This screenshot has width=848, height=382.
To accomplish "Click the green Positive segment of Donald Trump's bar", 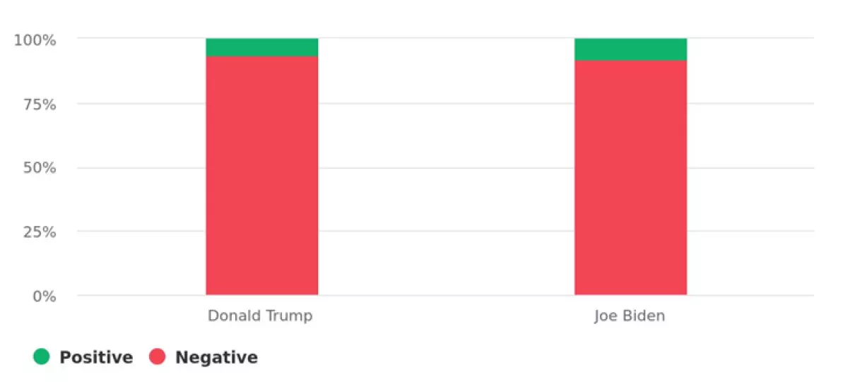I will pos(262,47).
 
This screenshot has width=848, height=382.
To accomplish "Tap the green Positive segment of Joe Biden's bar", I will pos(630,49).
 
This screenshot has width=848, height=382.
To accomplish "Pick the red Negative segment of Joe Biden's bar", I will pos(630,177).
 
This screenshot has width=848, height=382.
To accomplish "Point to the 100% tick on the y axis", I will pos(35,40).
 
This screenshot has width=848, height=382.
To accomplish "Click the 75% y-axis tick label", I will pos(39,104).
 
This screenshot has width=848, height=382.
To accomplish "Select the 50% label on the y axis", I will pos(39,168).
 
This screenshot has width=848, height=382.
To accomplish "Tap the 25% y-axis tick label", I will pos(39,232).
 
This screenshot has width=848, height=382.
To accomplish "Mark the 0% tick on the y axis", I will pos(43,296).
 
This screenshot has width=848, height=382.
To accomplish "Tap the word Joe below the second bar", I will pos(606,316).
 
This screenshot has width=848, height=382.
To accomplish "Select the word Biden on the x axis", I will pos(643,316).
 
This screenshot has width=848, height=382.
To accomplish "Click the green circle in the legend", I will pos(42,357).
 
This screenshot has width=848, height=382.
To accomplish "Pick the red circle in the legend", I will pos(158,357).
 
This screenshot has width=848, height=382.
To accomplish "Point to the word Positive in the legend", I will pos(96,357).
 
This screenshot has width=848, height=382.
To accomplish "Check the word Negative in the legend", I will pos(216,357).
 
